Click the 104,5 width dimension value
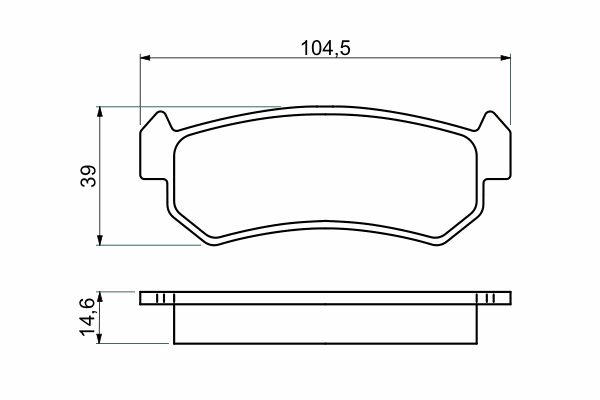pos(325,48)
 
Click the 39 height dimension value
pos(88,176)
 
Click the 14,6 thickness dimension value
pos(87,317)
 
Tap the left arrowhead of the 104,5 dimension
pos(145,58)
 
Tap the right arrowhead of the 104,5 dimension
pos(505,58)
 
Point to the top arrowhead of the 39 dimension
pos(100,112)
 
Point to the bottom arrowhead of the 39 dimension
pos(100,240)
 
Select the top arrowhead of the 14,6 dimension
pos(99,297)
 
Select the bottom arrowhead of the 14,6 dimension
pos(99,338)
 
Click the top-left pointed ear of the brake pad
pos(162,116)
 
